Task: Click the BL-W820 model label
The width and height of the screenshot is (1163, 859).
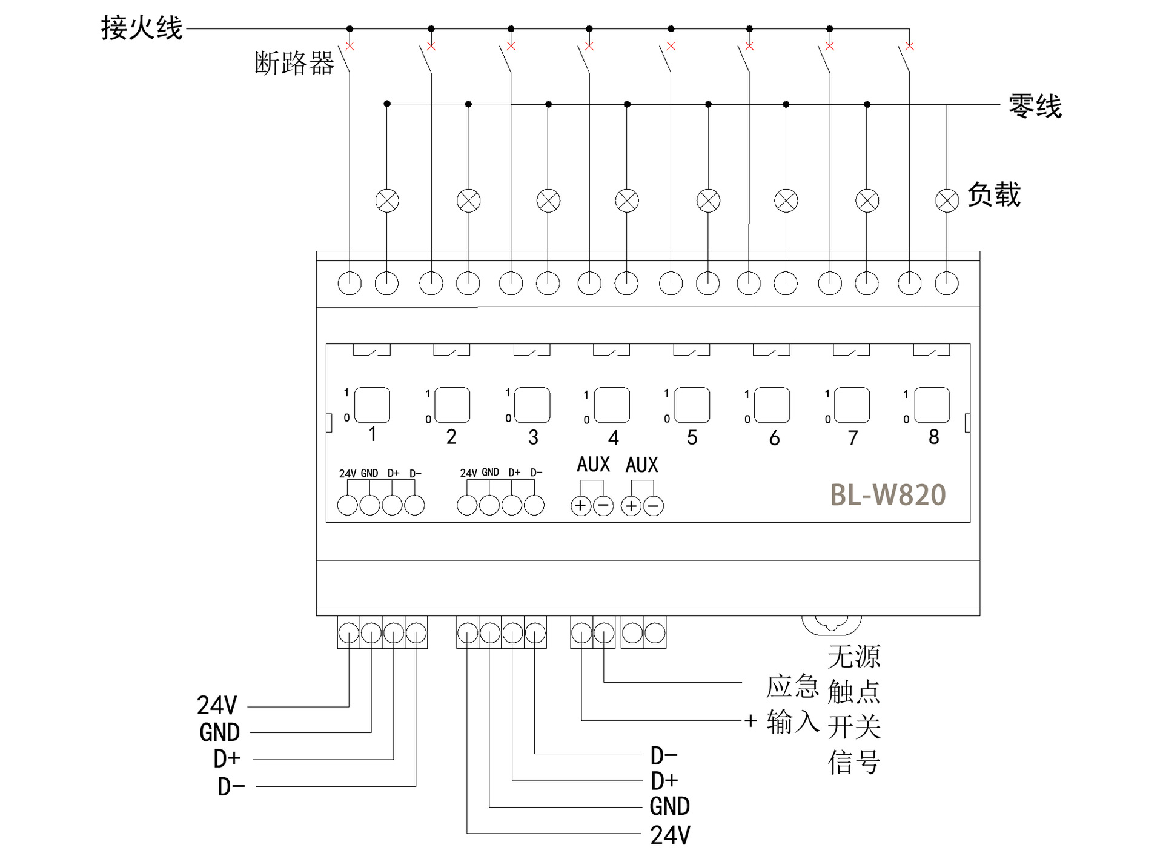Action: coord(887,495)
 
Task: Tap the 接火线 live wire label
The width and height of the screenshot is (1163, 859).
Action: coord(142,28)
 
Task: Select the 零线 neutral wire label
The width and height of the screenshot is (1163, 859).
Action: coord(1035,106)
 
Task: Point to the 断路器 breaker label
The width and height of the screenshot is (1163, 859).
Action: coord(294,63)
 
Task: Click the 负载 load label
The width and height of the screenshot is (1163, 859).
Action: coord(993,195)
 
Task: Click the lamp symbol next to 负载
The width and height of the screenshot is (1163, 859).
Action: coord(947,201)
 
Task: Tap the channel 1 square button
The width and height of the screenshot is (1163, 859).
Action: coord(372,405)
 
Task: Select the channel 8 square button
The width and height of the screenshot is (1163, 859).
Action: coord(932,405)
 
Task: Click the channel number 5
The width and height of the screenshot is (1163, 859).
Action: coord(692,437)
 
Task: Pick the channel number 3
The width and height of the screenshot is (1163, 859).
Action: coord(533,437)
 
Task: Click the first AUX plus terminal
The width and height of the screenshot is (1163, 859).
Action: coord(580,505)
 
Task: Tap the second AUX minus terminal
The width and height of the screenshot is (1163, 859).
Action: coord(654,505)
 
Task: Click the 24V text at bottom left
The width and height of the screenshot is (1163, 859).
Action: coord(217,706)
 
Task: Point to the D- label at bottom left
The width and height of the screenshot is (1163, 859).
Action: coord(231,787)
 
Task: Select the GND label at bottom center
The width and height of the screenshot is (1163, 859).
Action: coord(669,807)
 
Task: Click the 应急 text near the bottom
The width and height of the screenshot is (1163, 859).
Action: coord(792,687)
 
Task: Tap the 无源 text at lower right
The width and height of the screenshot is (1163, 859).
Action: coord(854,656)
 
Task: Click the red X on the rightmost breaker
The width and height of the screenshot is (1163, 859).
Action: coord(909,46)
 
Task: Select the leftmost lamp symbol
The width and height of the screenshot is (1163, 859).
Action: coord(387,201)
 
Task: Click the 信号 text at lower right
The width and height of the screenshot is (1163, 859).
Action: coord(854,763)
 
